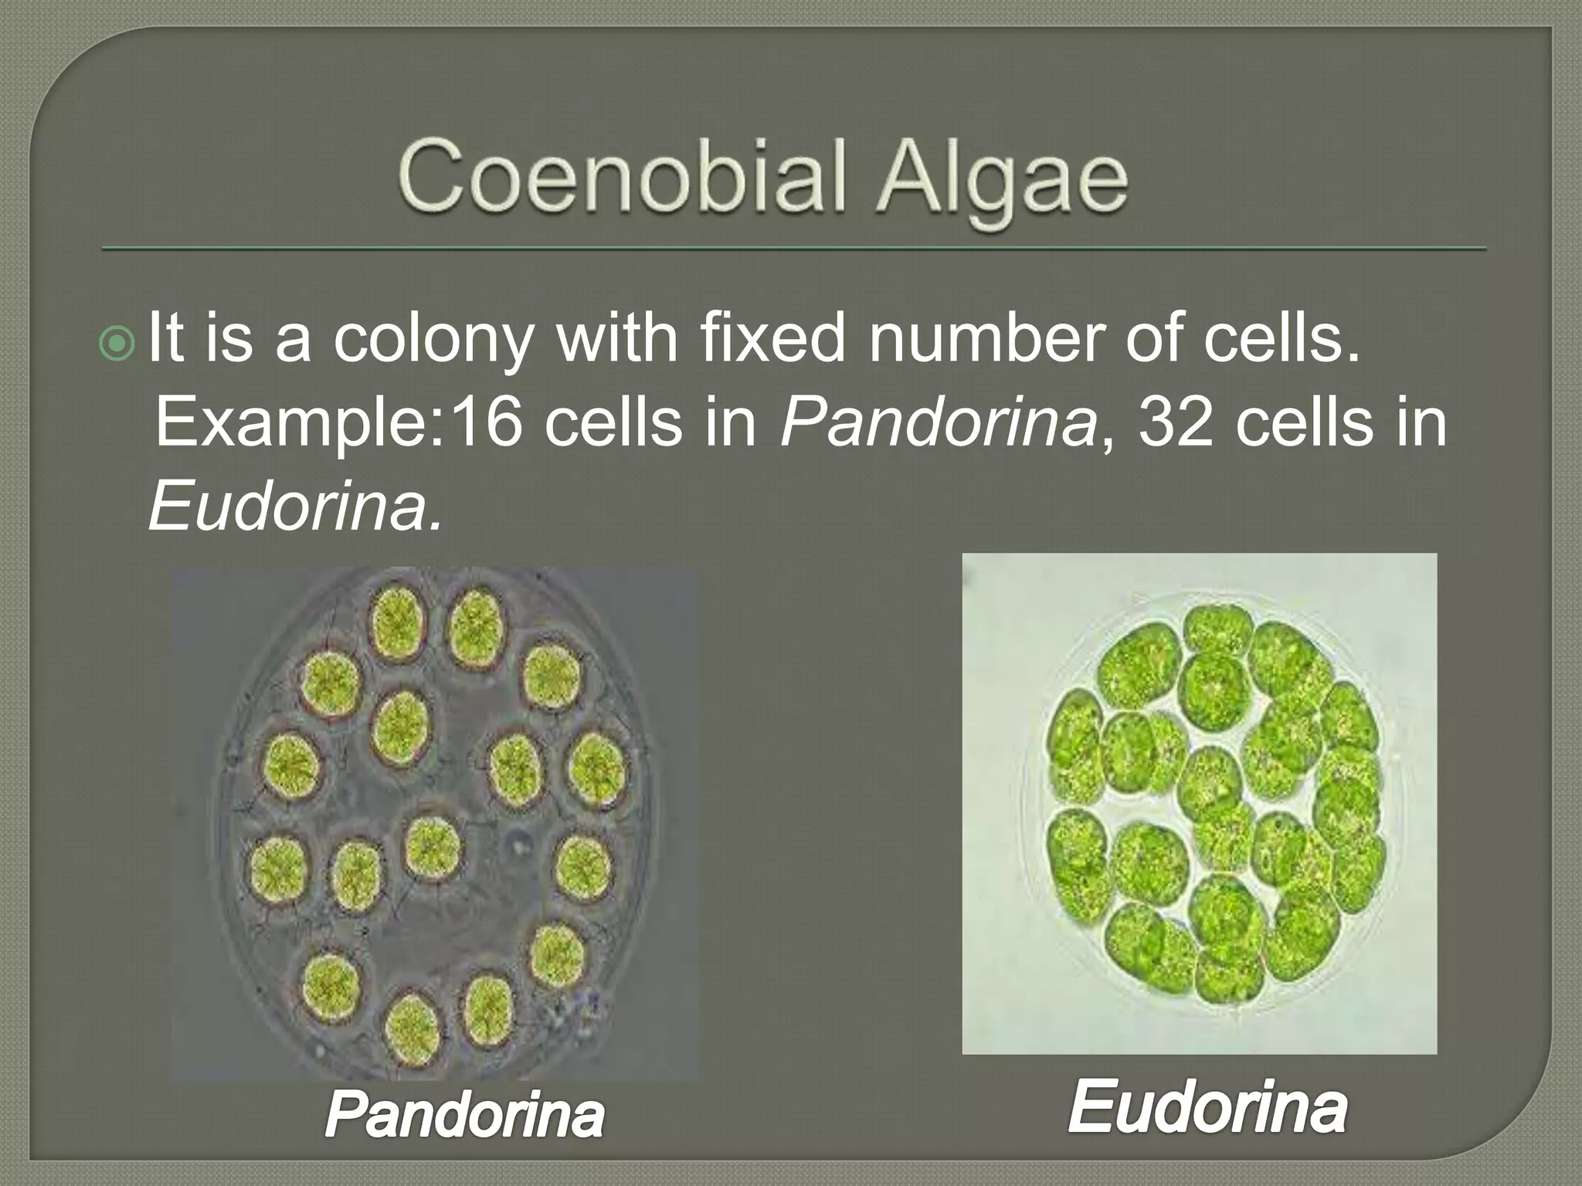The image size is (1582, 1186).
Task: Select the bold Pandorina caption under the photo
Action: pos(464,1115)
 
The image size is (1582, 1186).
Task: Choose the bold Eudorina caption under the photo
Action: pos(1207,1108)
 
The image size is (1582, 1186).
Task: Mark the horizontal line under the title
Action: pos(793,249)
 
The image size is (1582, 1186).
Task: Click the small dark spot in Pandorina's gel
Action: pos(514,843)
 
